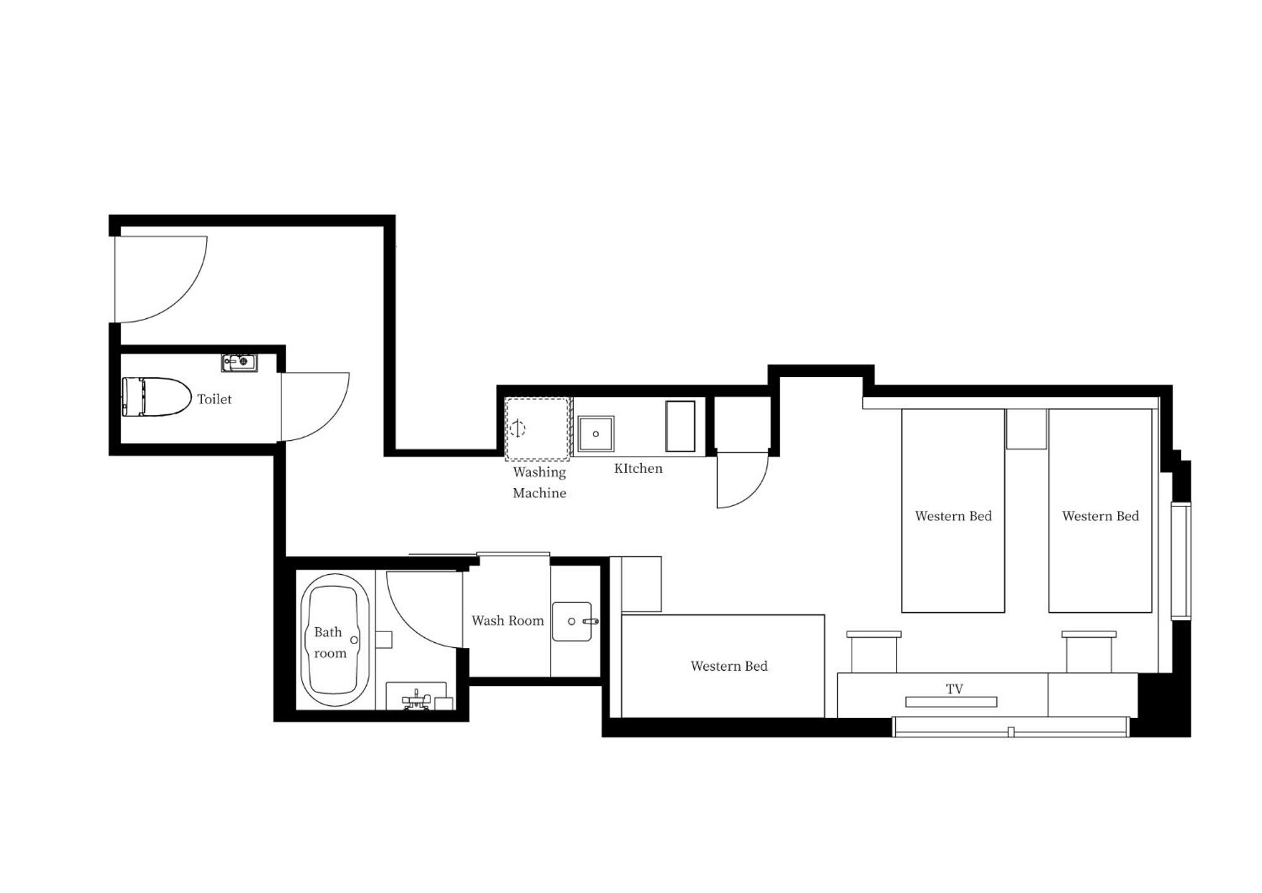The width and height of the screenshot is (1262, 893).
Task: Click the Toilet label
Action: click(214, 399)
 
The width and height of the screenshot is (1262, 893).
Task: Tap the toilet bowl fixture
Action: click(157, 397)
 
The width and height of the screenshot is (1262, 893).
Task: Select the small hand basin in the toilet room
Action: click(239, 363)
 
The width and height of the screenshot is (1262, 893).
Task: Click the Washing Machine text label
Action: click(539, 482)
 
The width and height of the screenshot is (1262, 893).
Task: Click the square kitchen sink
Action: click(595, 433)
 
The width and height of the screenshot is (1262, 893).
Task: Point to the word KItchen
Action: click(638, 469)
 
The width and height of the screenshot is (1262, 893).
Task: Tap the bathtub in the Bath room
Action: click(335, 640)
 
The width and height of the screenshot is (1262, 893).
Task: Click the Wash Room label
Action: click(508, 621)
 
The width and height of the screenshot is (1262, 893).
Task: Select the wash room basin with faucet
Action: click(573, 621)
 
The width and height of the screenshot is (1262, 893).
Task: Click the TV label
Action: click(955, 689)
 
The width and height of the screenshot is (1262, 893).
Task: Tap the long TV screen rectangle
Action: click(951, 702)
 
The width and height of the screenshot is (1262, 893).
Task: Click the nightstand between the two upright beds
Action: click(1026, 429)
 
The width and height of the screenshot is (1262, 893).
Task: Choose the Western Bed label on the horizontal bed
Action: click(729, 666)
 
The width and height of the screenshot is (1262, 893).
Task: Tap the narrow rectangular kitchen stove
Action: click(680, 426)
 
